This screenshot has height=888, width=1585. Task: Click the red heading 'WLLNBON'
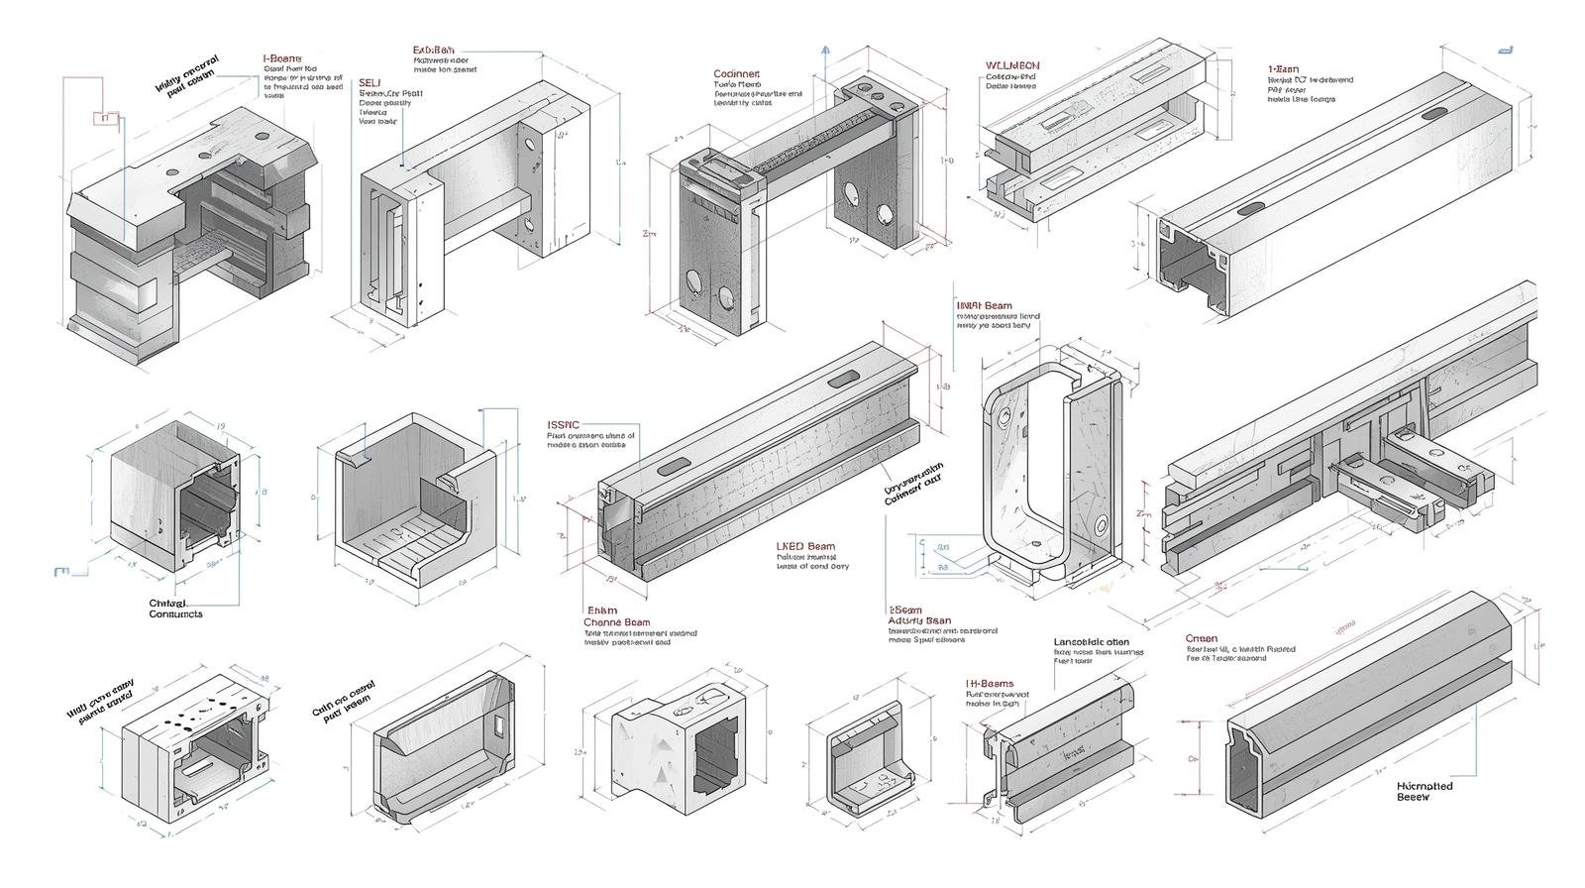1012,65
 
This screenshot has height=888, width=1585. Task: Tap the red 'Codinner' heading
736,74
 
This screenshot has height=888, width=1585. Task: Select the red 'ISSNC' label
563,424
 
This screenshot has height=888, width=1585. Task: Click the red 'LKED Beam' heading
804,546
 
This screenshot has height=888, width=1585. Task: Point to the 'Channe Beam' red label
616,622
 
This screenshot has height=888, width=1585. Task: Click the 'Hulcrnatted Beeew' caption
1424,791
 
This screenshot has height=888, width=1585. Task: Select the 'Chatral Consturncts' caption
174,609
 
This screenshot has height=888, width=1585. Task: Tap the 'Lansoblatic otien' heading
1091,642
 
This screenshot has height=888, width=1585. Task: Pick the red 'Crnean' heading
1201,638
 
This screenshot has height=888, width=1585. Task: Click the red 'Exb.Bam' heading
434,50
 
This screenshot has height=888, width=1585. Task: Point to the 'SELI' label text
369,83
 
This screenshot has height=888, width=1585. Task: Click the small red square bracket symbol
104,119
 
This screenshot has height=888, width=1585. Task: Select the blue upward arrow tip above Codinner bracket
825,48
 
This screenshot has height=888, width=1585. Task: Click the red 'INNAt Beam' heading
984,306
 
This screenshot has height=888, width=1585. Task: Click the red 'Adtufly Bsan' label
918,620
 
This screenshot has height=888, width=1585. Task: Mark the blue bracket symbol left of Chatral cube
61,571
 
